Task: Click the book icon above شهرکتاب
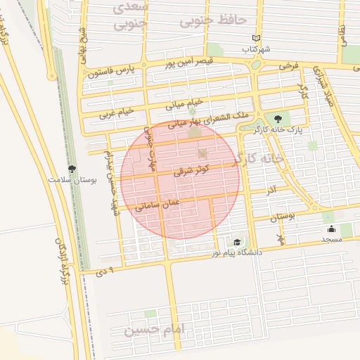[256, 39]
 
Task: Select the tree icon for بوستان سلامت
[72, 168]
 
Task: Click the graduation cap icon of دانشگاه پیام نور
[238, 242]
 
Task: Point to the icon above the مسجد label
[331, 229]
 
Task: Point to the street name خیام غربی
[116, 111]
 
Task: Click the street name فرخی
[288, 65]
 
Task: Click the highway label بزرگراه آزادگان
[62, 260]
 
